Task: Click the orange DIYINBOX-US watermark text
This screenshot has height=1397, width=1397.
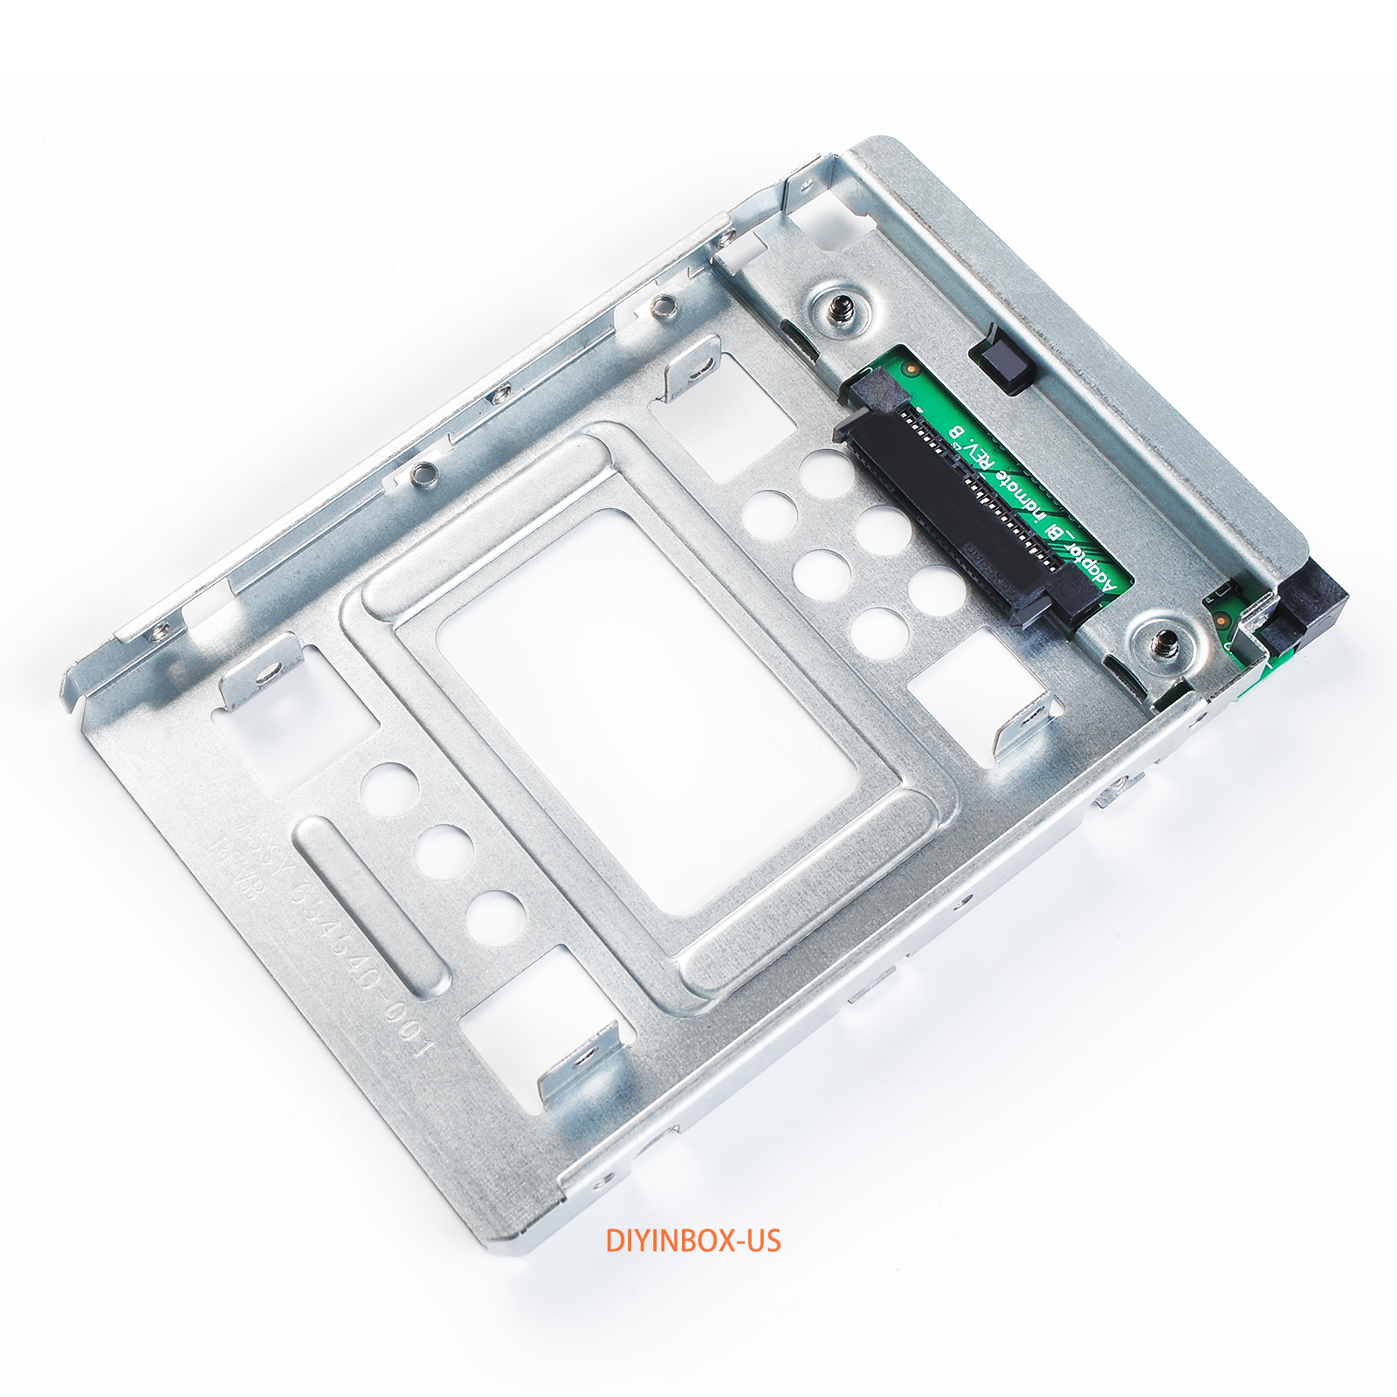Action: [693, 1241]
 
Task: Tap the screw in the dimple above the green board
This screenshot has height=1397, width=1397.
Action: [840, 308]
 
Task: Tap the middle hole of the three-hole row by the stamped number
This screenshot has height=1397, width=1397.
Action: [444, 850]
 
